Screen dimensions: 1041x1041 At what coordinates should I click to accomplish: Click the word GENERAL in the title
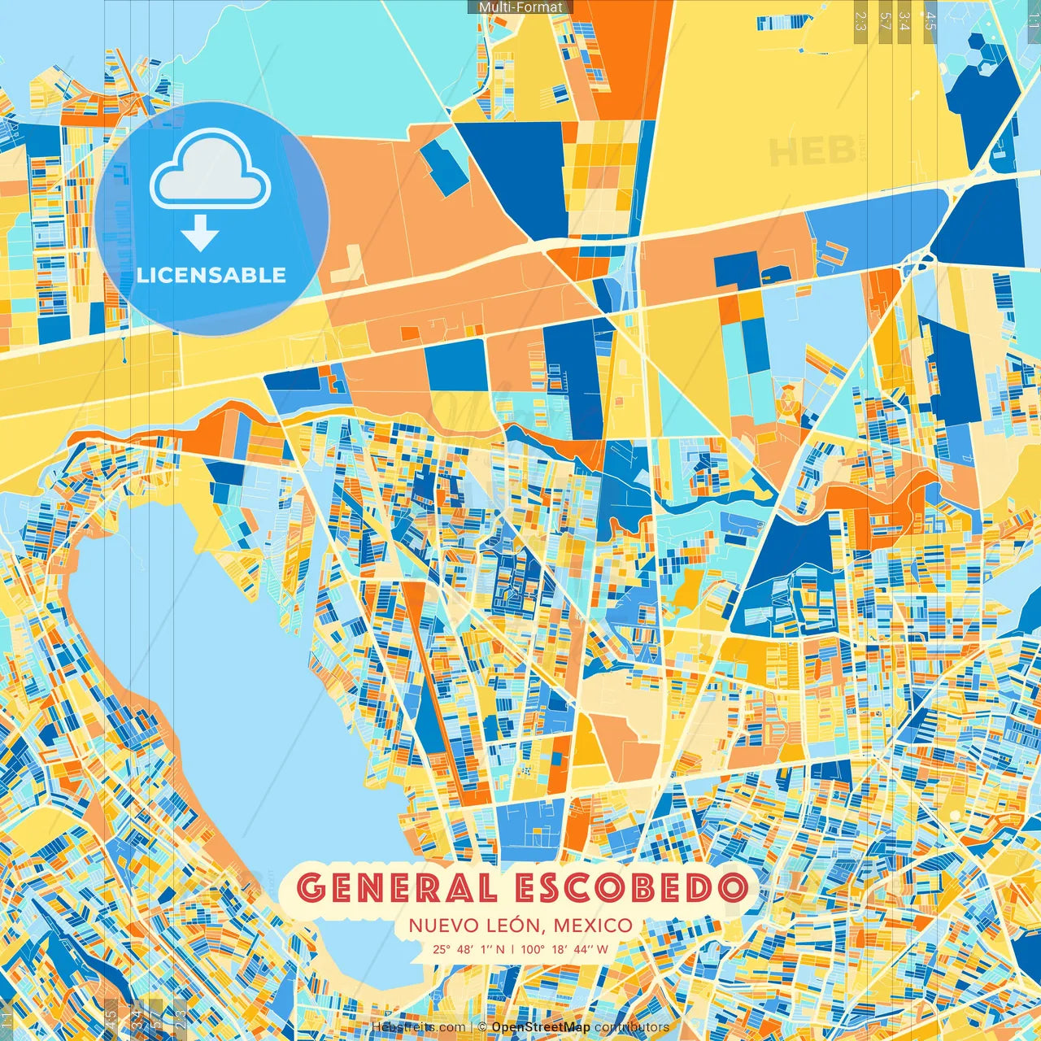(x=398, y=888)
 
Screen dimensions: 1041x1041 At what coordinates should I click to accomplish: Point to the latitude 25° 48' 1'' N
(x=468, y=948)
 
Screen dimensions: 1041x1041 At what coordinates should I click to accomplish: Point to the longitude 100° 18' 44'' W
(x=564, y=948)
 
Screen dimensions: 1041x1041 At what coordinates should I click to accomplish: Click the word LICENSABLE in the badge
(x=211, y=275)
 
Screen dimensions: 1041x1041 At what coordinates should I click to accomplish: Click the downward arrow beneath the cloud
(x=200, y=235)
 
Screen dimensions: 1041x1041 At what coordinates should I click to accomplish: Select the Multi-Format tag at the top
(x=520, y=7)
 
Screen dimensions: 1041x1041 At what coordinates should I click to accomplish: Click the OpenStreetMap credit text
(x=541, y=1027)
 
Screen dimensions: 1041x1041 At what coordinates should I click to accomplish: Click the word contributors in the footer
(x=632, y=1027)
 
